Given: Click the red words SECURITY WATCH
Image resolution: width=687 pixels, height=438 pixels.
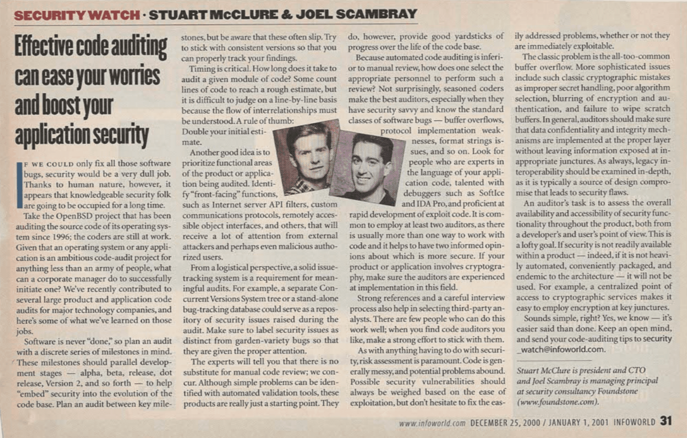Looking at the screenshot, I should (77, 15).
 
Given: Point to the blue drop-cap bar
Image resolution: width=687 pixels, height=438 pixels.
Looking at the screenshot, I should (20, 185).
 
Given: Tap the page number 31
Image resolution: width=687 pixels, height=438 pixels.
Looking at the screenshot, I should (666, 421).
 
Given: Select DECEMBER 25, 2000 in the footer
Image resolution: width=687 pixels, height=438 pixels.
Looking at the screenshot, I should (505, 423).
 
